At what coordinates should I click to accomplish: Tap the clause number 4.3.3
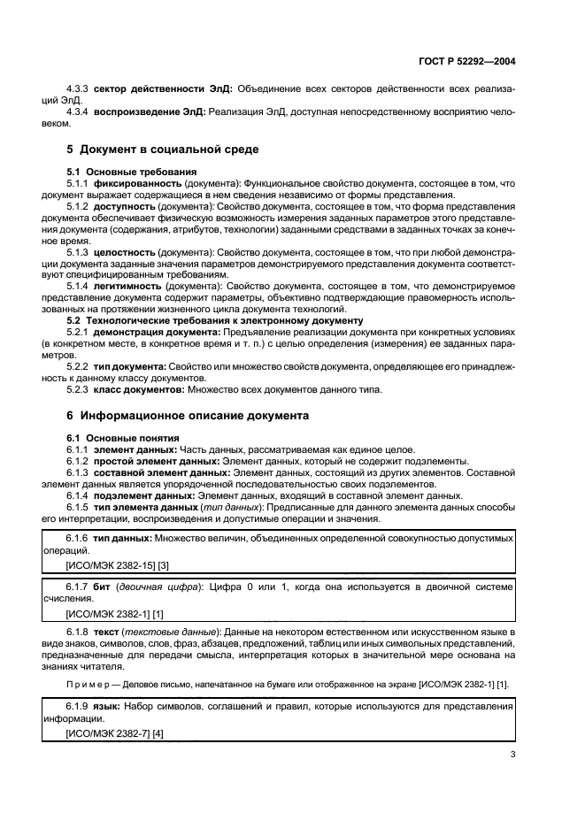[79, 89]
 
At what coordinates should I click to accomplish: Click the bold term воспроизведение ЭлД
[150, 112]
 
